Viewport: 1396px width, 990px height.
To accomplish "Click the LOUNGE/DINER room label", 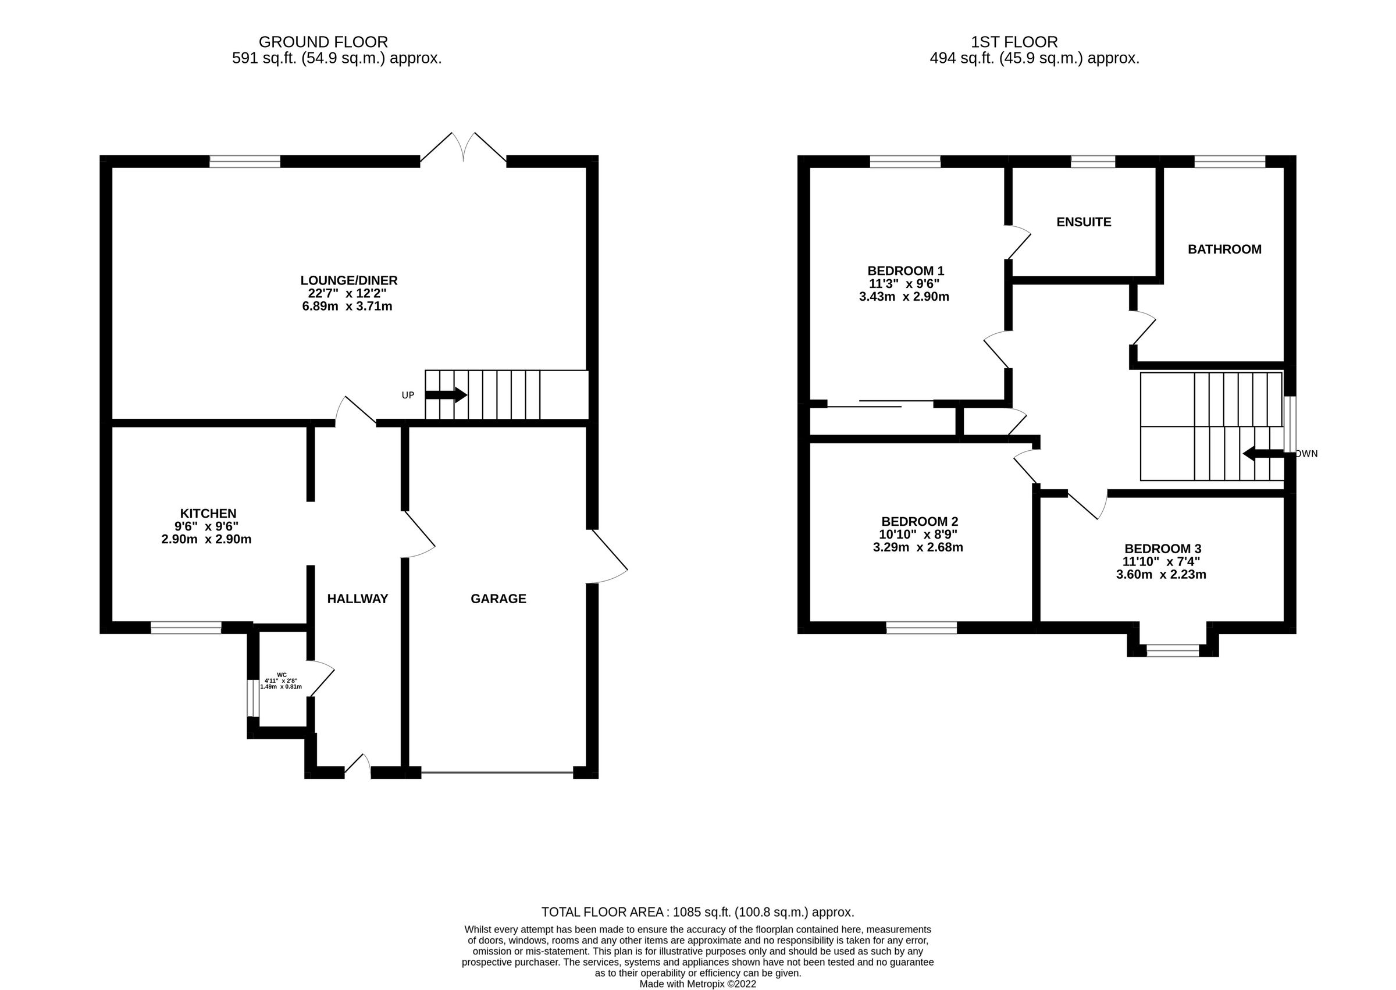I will click(x=348, y=280).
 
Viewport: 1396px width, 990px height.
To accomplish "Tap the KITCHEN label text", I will click(x=208, y=513).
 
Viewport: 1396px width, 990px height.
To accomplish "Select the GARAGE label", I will click(x=498, y=599).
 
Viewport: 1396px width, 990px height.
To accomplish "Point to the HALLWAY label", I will click(x=357, y=599).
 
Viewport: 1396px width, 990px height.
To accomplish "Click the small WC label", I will click(x=282, y=674).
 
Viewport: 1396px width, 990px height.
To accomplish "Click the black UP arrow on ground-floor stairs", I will click(x=446, y=395).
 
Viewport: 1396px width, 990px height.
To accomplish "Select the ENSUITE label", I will click(x=1083, y=222).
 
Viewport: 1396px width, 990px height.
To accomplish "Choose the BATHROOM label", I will click(x=1224, y=249).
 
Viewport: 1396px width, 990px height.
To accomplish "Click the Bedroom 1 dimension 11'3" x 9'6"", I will click(x=903, y=283).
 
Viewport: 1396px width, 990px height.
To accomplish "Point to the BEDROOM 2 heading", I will click(x=919, y=521).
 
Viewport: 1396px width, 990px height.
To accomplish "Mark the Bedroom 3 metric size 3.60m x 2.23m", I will click(x=1160, y=574).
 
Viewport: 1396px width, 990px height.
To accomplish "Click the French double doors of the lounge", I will click(x=464, y=149).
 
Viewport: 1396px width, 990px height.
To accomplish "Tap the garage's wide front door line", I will click(x=497, y=773).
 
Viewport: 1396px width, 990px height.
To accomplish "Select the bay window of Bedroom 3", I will click(x=1172, y=650).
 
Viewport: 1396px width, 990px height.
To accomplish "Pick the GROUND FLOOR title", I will click(x=323, y=42).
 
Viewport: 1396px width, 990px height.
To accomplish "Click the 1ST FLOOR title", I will click(x=1014, y=42).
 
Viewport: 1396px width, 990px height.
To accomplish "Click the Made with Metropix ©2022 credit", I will click(x=697, y=984).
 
